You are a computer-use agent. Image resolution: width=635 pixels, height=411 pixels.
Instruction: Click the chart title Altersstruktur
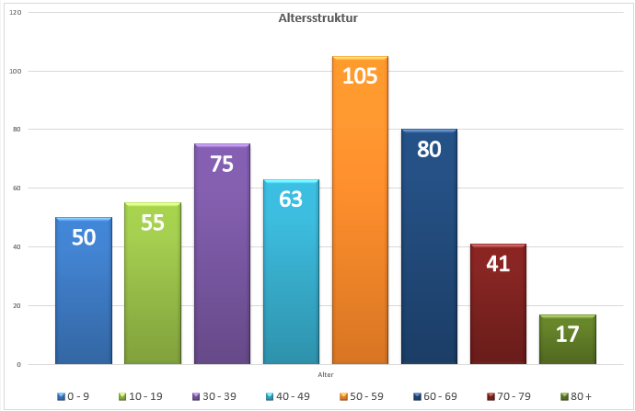point(317,18)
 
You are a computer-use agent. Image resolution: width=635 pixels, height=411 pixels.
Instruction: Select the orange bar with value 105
point(360,221)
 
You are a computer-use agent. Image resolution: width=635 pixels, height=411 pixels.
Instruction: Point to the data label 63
point(291,199)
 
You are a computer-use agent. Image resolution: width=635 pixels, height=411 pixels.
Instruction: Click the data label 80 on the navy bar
point(429,149)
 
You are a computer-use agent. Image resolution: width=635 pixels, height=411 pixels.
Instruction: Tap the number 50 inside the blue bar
point(84,237)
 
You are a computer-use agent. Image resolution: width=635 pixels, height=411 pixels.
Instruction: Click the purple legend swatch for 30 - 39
point(197,396)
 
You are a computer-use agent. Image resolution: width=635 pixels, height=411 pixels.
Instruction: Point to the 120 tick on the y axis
point(17,13)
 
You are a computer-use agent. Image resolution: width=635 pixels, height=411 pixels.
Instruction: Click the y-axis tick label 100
point(17,71)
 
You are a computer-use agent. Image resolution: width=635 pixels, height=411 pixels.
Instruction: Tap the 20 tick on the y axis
point(18,305)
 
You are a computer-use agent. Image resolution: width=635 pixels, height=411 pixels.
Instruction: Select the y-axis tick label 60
point(18,188)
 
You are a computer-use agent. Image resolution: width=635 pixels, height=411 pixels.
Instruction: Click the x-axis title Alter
point(326,375)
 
